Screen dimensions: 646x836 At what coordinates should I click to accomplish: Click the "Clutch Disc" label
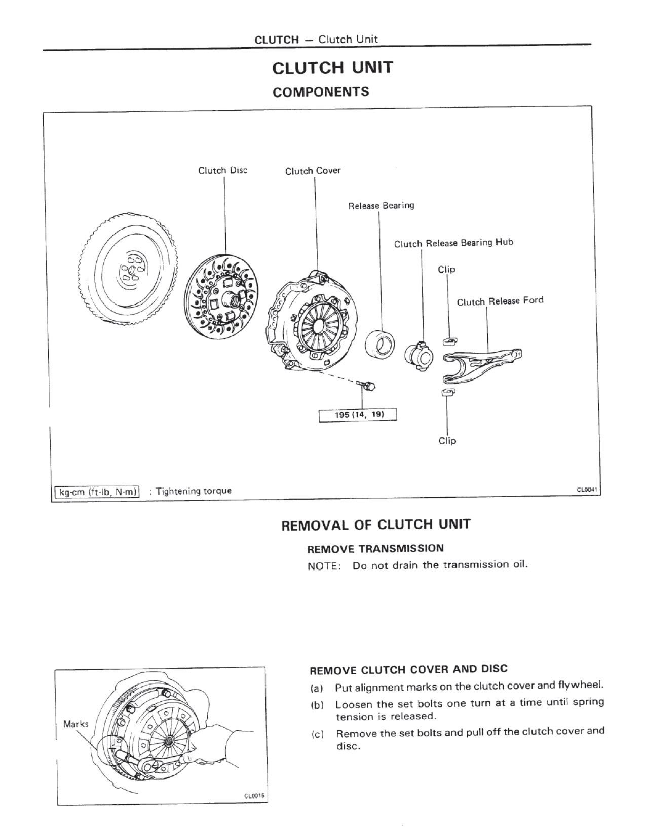pos(222,170)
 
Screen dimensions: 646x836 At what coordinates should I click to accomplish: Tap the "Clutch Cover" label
pos(313,171)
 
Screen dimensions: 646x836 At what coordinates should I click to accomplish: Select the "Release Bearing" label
pos(381,205)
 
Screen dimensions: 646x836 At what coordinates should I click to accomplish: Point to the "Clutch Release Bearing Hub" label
pos(453,243)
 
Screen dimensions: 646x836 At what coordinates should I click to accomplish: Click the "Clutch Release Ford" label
pos(500,301)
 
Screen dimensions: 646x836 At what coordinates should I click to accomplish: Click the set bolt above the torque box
pos(366,384)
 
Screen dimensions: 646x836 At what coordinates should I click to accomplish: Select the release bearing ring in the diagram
pos(380,343)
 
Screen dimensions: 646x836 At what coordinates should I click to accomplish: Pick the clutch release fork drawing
pos(482,365)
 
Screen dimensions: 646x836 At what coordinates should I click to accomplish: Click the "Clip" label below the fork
pos(447,441)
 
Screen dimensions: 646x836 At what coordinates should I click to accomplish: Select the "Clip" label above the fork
pos(446,270)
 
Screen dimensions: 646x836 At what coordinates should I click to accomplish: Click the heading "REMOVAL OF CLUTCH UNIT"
pos(376,525)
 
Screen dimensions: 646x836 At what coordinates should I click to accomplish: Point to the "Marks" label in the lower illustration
pos(76,724)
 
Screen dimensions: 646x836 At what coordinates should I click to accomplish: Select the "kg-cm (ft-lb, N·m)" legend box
pos(97,491)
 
